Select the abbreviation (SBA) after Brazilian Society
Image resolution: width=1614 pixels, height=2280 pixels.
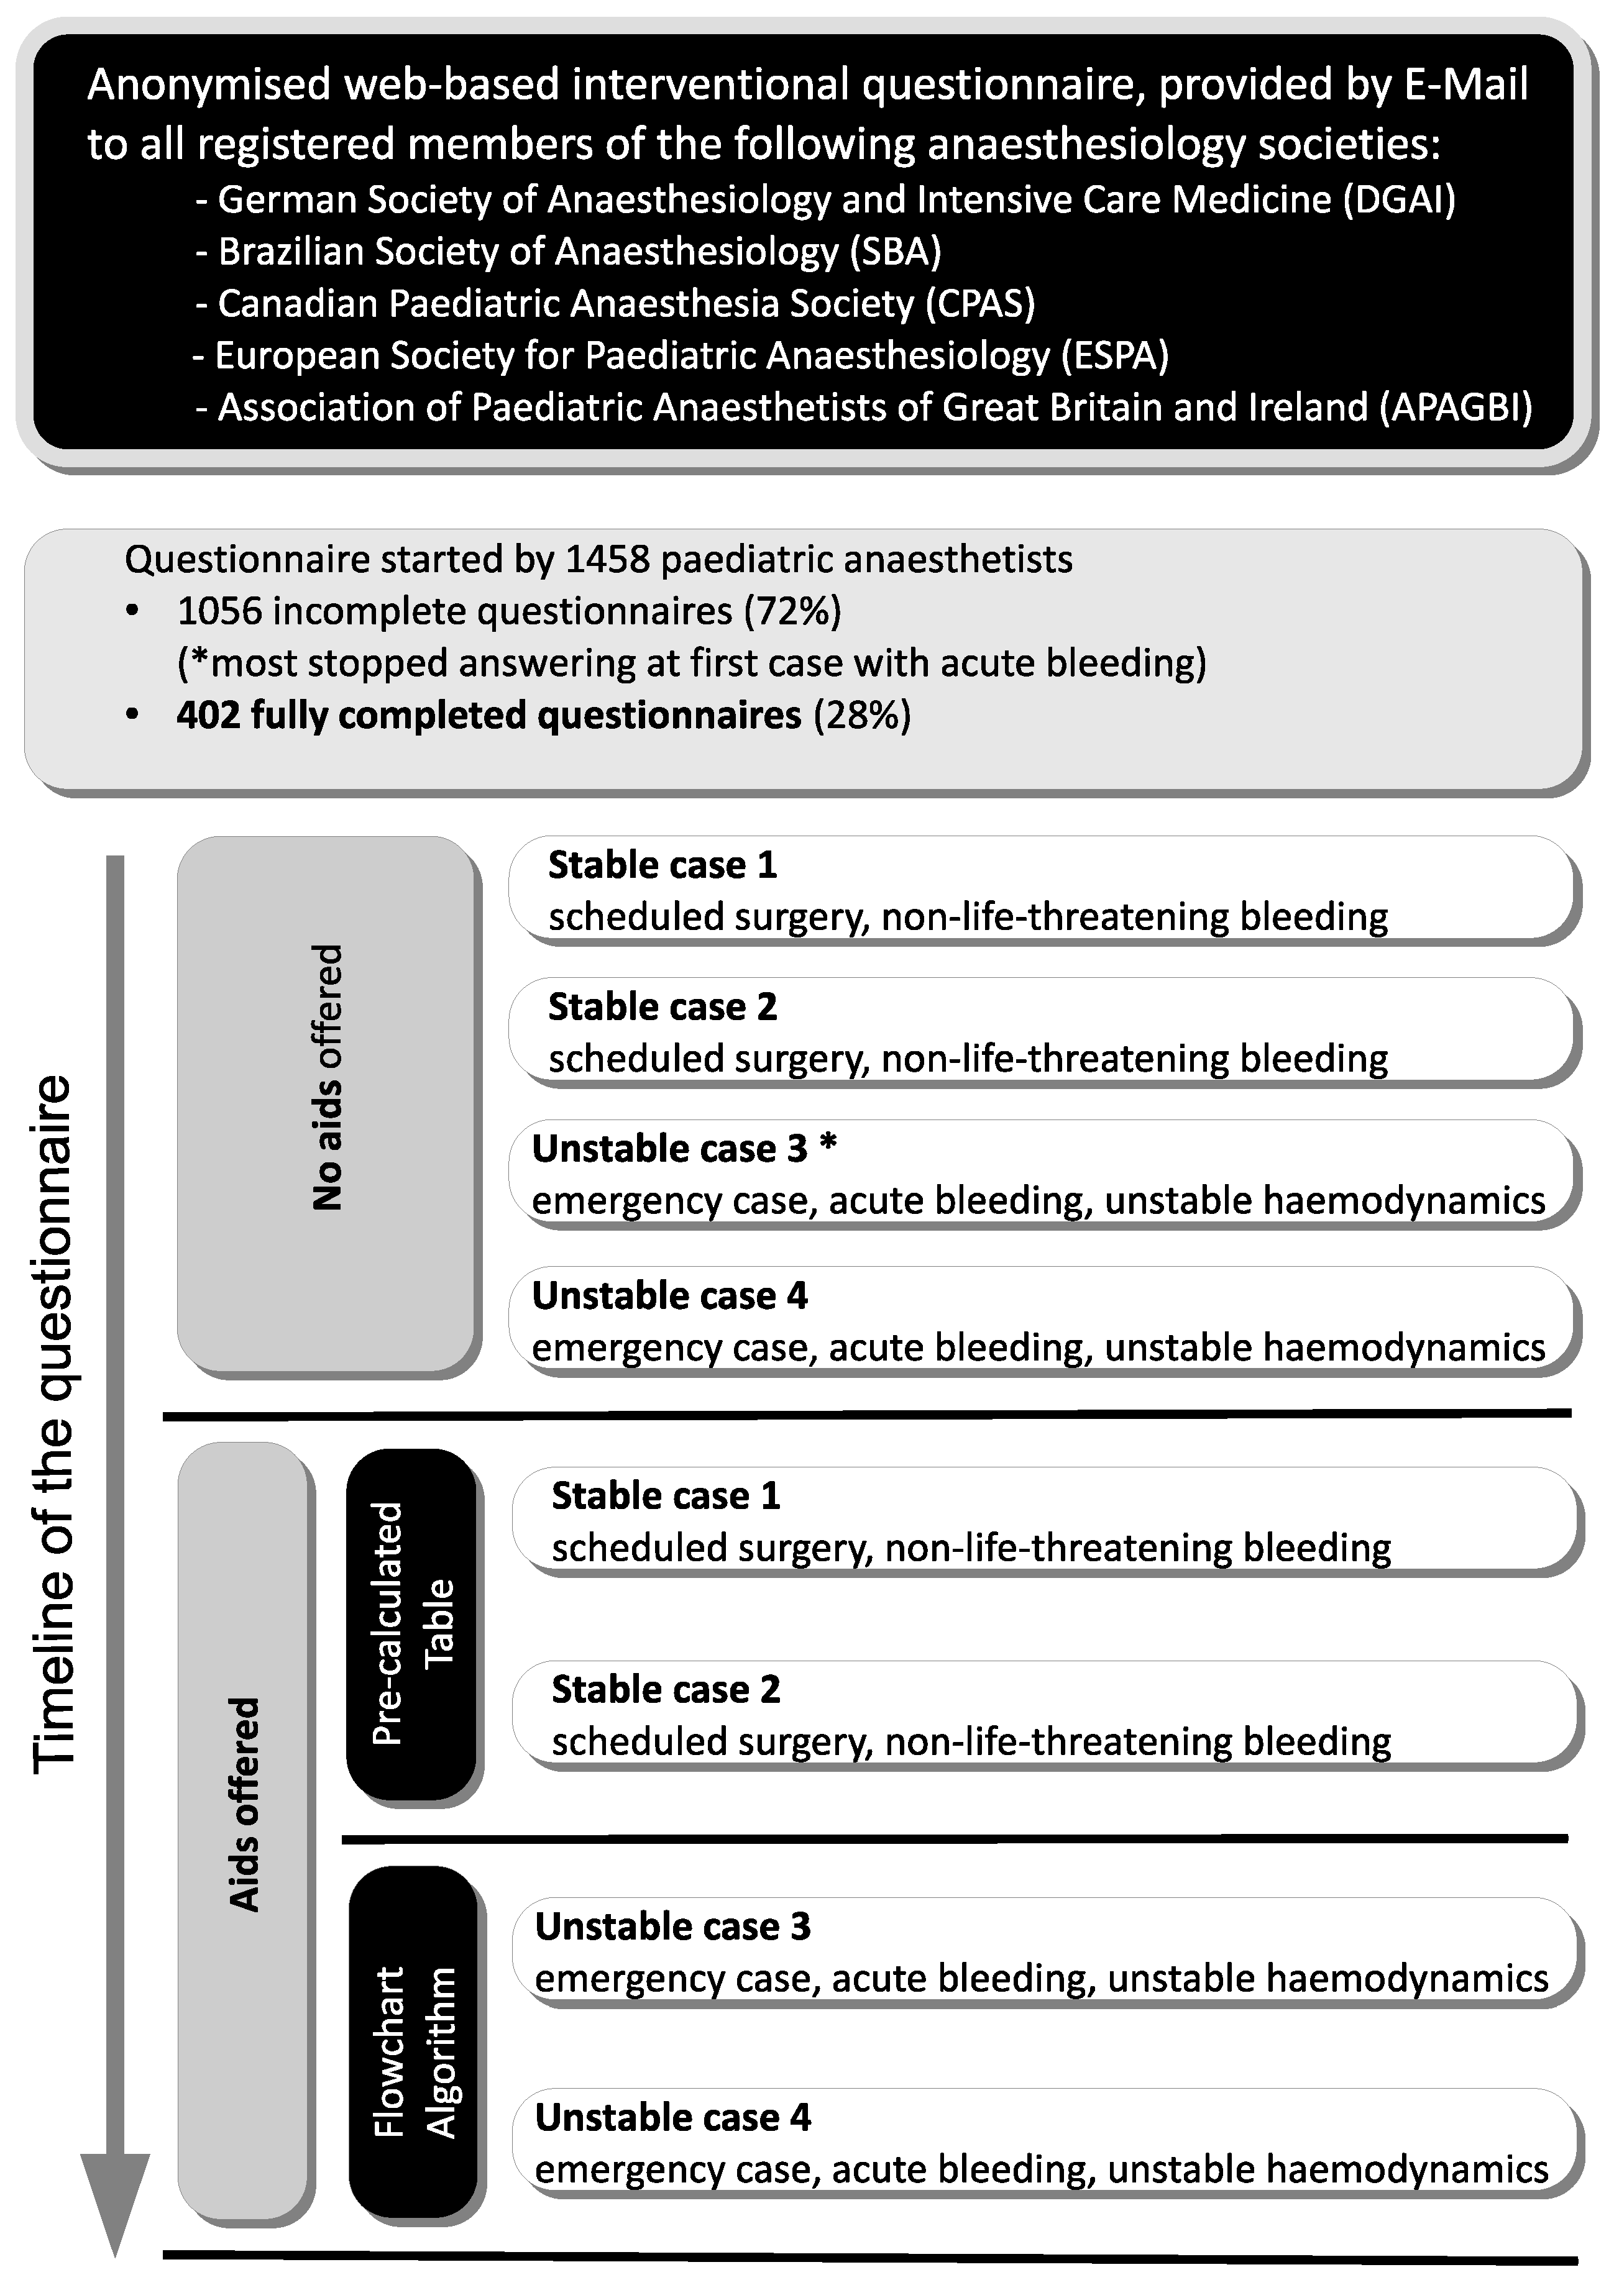pyautogui.click(x=896, y=252)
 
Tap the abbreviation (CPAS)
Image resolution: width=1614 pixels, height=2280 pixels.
pyautogui.click(x=980, y=304)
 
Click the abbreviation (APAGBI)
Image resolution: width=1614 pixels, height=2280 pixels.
pyautogui.click(x=1456, y=408)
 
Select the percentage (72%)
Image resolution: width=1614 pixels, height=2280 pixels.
pyautogui.click(x=793, y=612)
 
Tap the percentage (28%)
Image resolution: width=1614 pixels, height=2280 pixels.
pyautogui.click(x=861, y=715)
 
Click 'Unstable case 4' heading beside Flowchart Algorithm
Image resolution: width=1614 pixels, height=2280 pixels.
pyautogui.click(x=673, y=2118)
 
